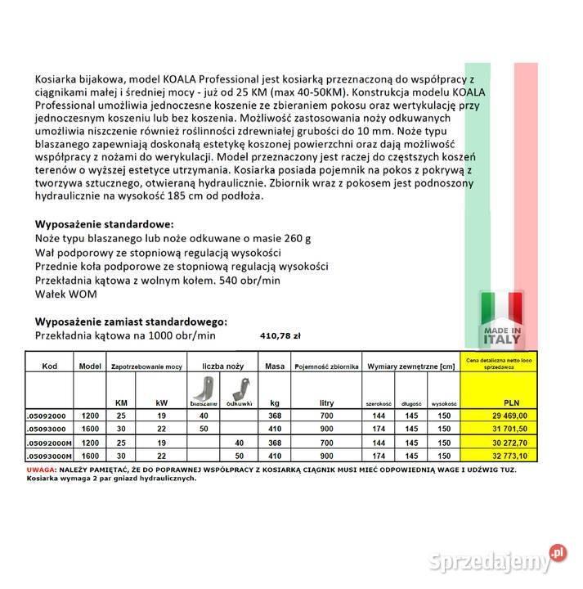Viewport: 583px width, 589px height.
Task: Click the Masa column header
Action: [x=275, y=366]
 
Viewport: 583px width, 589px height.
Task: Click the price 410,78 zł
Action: [x=280, y=335]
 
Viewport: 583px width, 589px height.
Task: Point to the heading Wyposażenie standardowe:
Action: [x=104, y=223]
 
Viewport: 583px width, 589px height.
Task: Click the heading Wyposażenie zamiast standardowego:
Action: [x=131, y=321]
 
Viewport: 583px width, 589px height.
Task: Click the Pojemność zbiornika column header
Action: [x=327, y=366]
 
